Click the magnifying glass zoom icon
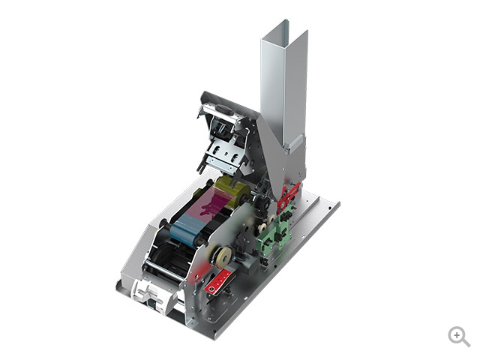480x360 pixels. (458, 336)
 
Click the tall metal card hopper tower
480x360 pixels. (283, 90)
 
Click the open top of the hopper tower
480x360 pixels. (285, 30)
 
